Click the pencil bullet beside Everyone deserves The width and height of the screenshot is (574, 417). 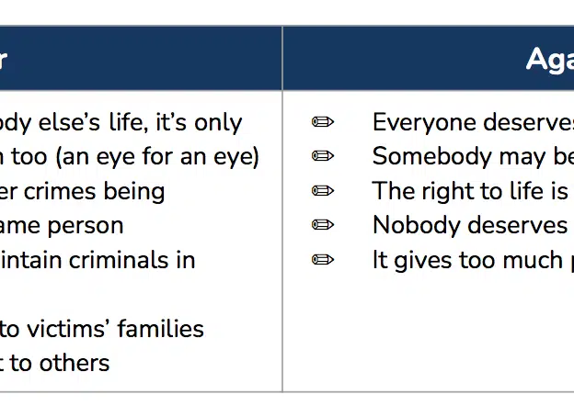pyautogui.click(x=323, y=121)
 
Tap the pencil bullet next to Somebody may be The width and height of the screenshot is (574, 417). pyautogui.click(x=323, y=156)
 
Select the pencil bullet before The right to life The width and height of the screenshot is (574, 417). pyautogui.click(x=323, y=191)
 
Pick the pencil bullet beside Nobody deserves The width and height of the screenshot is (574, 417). pyautogui.click(x=323, y=225)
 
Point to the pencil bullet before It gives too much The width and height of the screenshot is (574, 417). pyautogui.click(x=323, y=260)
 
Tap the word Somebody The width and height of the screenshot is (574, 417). pyautogui.click(x=432, y=156)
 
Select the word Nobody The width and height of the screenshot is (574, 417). pyautogui.click(x=417, y=225)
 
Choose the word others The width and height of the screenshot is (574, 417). pyautogui.click(x=75, y=363)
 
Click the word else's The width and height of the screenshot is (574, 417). pyautogui.click(x=69, y=122)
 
